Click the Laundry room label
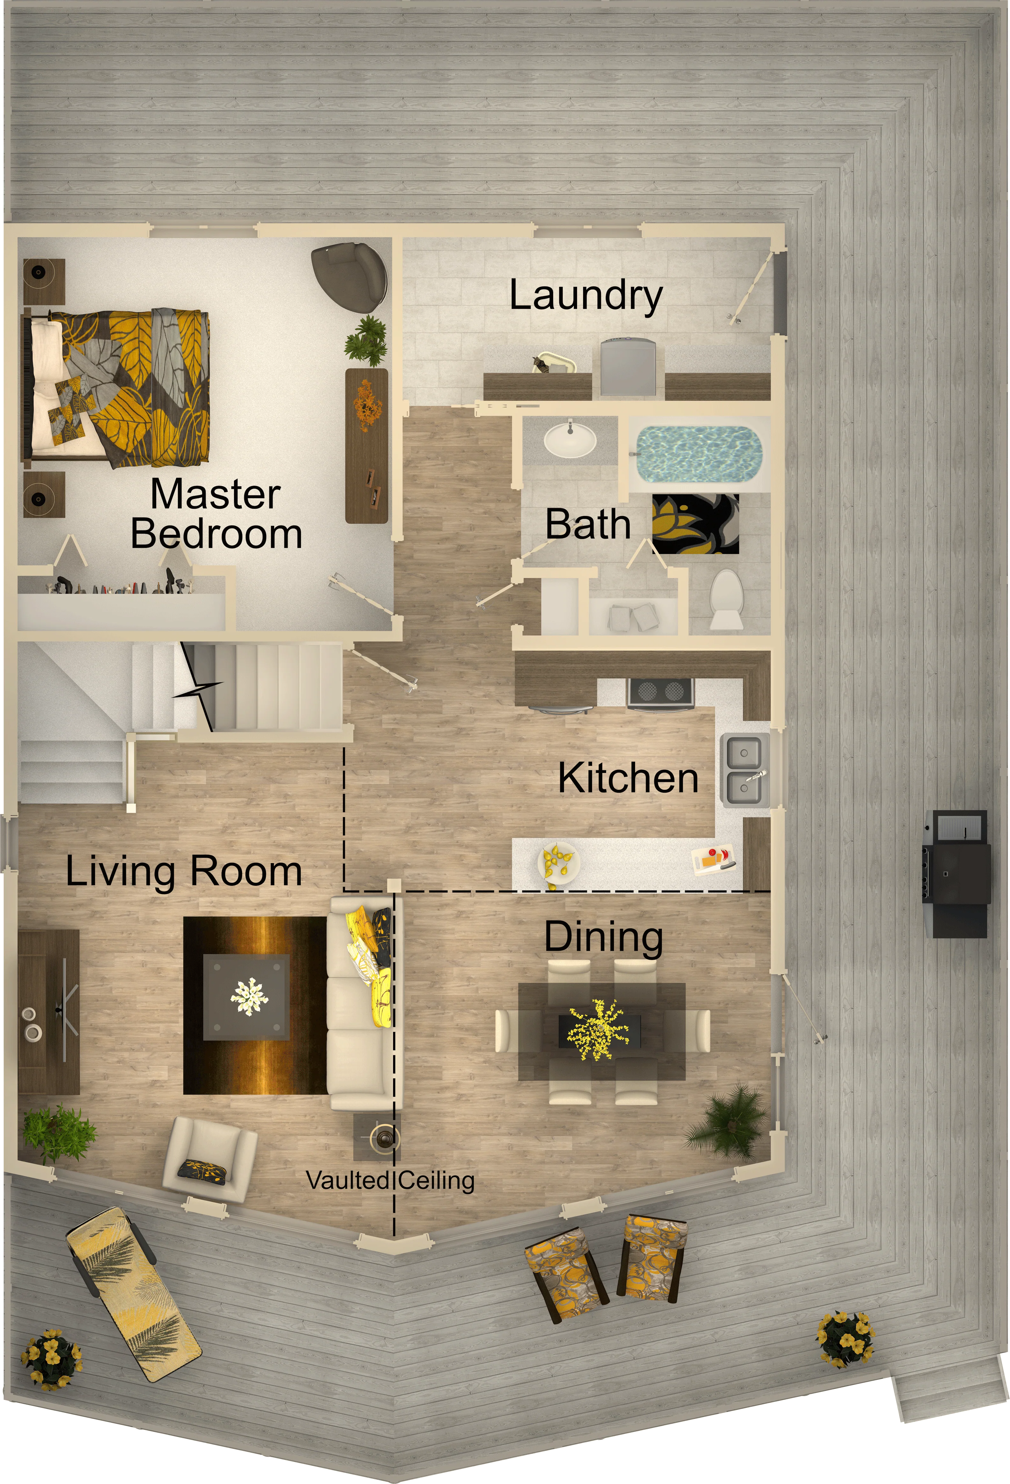(586, 296)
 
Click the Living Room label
(184, 872)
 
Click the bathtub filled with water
(699, 454)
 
